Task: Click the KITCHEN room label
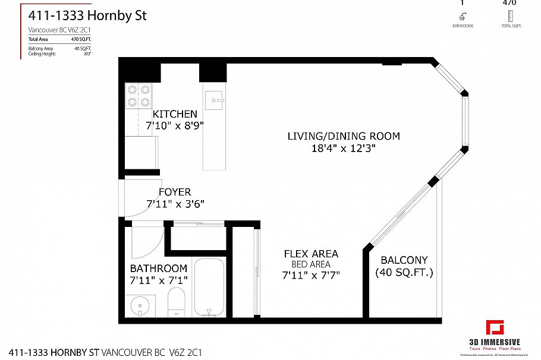pyautogui.click(x=175, y=114)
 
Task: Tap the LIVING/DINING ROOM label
pyautogui.click(x=344, y=136)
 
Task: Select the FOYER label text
pyautogui.click(x=175, y=192)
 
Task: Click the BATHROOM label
pyautogui.click(x=159, y=268)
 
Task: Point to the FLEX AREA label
pyautogui.click(x=310, y=254)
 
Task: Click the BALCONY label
pyautogui.click(x=404, y=260)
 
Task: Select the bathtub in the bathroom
pyautogui.click(x=209, y=288)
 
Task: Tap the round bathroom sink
pyautogui.click(x=140, y=306)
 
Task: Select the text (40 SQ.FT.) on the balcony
pyautogui.click(x=404, y=273)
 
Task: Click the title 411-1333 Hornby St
pyautogui.click(x=87, y=15)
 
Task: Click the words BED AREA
pyautogui.click(x=310, y=264)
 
